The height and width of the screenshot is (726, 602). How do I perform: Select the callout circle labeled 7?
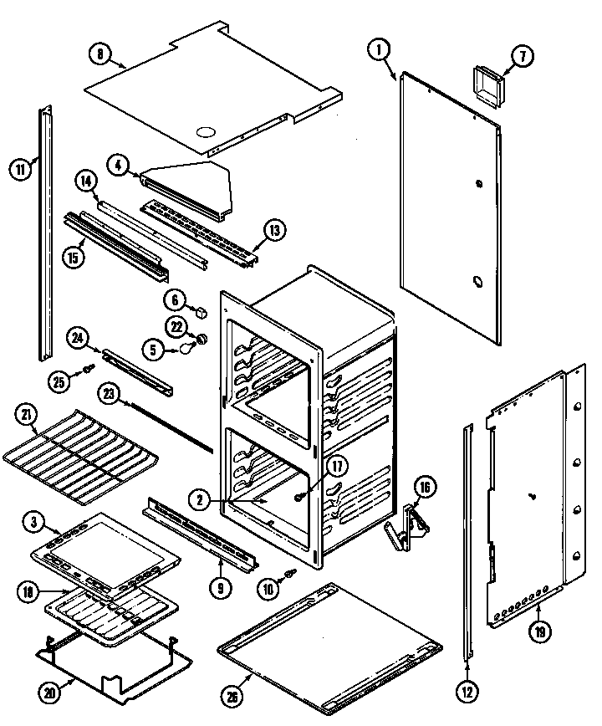point(521,58)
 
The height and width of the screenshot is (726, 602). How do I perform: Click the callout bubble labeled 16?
point(425,488)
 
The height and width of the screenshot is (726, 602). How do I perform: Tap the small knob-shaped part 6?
point(202,312)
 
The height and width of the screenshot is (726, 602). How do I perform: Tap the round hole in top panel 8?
point(204,131)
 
